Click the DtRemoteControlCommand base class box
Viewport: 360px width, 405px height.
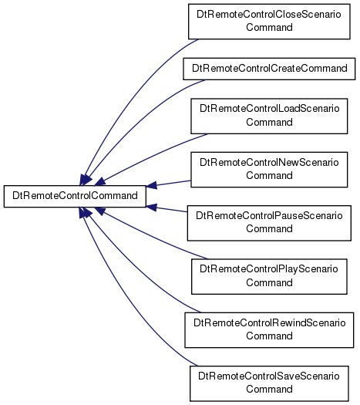(75, 196)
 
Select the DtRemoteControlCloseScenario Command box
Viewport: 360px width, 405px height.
(269, 22)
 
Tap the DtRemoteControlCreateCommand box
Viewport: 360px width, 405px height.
(269, 69)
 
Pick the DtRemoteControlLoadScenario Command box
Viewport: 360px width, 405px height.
(269, 116)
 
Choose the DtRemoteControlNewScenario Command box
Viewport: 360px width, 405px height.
(269, 170)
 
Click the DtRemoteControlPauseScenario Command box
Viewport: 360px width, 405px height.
(269, 223)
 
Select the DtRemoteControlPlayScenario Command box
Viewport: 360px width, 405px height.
(269, 276)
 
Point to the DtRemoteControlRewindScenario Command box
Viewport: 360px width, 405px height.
(269, 330)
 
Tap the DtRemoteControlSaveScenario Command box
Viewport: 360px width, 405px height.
(269, 383)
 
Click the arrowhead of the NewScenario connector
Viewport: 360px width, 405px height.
(152, 185)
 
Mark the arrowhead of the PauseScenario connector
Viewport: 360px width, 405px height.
(152, 208)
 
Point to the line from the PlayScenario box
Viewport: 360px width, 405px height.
(153, 236)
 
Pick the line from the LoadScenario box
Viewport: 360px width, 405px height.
(153, 156)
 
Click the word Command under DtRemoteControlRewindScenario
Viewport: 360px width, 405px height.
(269, 336)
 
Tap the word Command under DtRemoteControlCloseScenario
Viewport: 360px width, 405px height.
(269, 27)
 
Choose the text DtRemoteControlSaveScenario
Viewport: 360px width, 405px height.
(268, 376)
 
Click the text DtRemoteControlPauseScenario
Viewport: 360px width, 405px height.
(269, 216)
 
